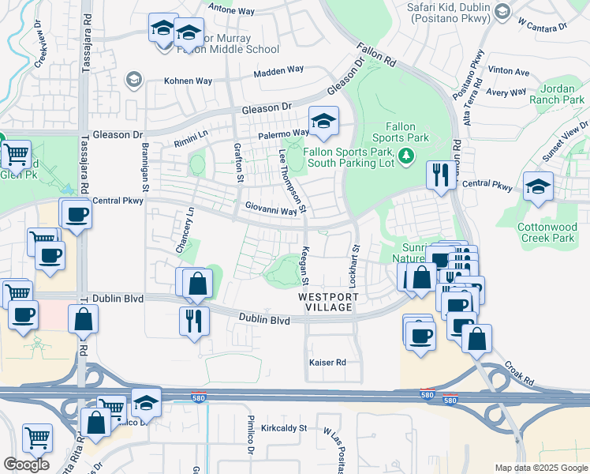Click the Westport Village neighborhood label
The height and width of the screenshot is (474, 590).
[329, 303]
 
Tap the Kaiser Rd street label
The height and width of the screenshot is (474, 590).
[328, 363]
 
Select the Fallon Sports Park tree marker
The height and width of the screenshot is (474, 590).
[406, 155]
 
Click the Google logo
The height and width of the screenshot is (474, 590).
[26, 465]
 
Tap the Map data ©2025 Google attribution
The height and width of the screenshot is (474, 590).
[540, 468]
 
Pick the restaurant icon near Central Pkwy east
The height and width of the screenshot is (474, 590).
[439, 174]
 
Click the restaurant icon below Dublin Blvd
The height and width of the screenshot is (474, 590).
[194, 320]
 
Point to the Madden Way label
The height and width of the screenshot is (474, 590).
[278, 72]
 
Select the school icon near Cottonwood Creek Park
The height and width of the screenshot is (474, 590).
[539, 186]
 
